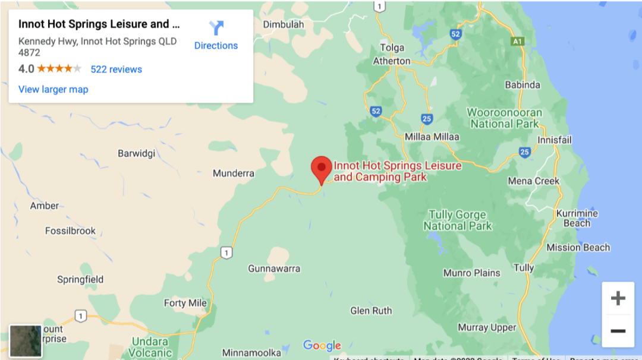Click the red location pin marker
[x=322, y=169]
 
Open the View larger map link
[x=53, y=90]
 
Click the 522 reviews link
[x=116, y=70]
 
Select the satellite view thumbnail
[x=26, y=340]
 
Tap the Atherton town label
[x=391, y=61]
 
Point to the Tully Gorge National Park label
[x=457, y=220]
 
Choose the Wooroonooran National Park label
[x=504, y=118]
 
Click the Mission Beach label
[x=578, y=248]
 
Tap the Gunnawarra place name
[x=274, y=269]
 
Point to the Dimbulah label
[x=283, y=25]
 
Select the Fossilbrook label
[x=70, y=230]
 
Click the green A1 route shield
[x=518, y=42]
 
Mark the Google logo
[x=322, y=345]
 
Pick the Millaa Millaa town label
[x=432, y=137]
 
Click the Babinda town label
[x=523, y=85]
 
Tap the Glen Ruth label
[x=371, y=311]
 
